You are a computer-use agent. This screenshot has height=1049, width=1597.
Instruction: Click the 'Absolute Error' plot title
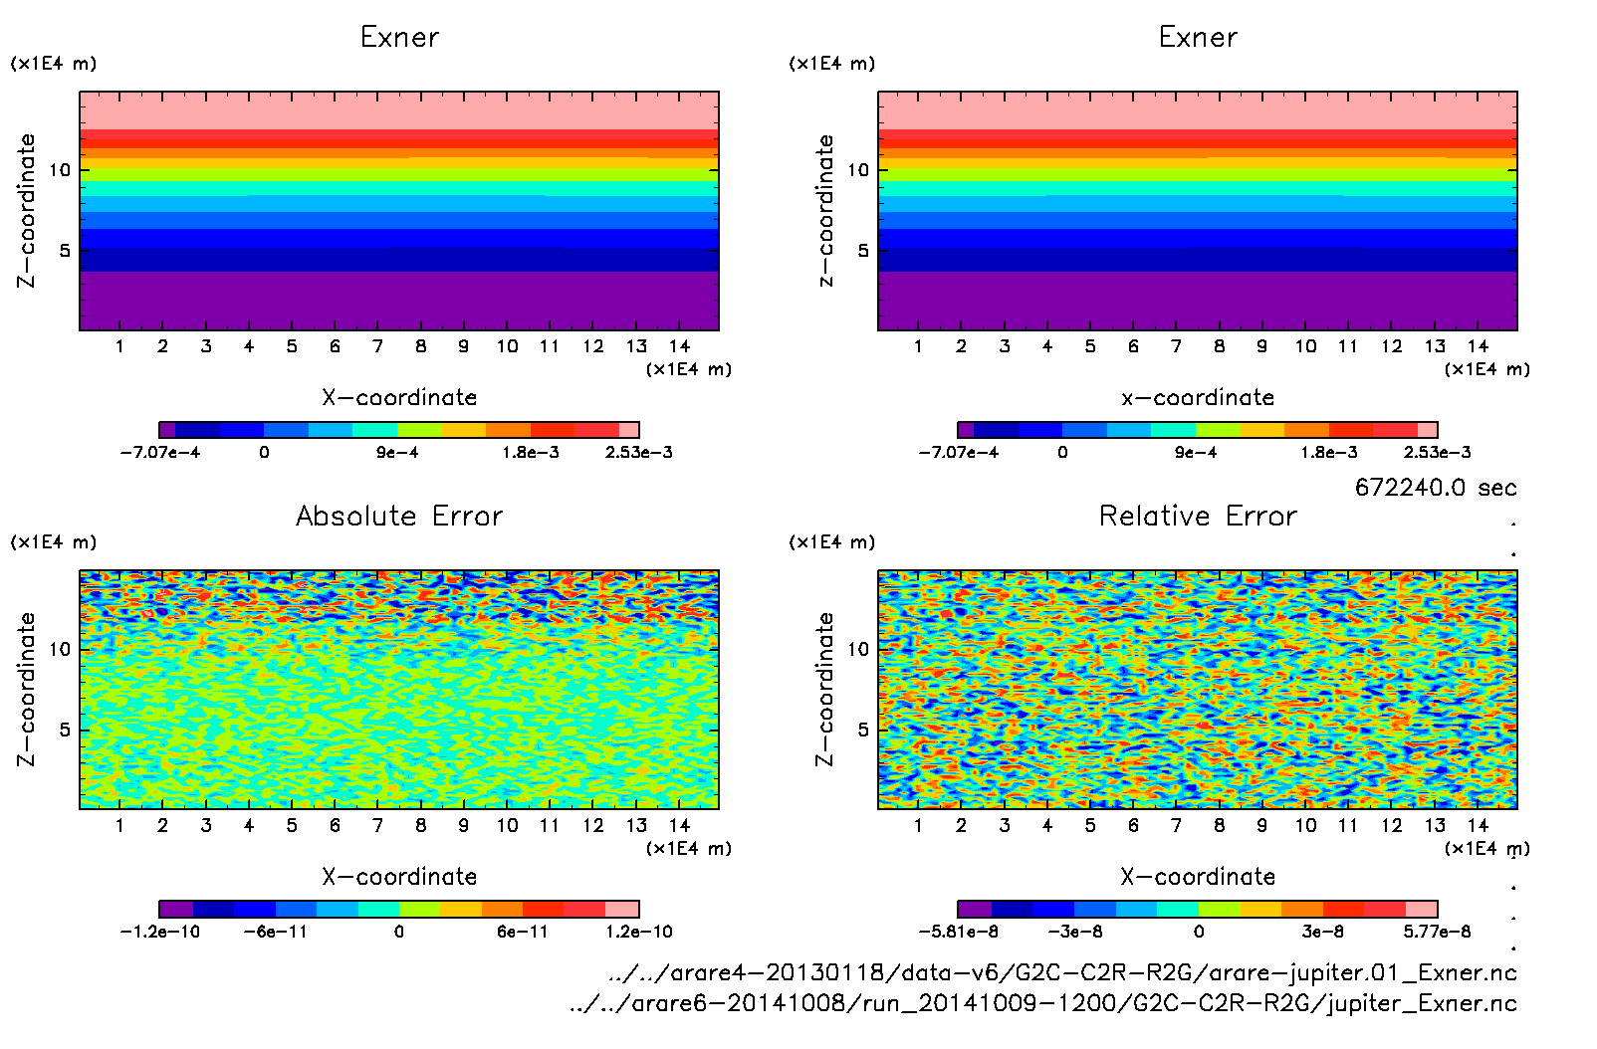[x=399, y=516]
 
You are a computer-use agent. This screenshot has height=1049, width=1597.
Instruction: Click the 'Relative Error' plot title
[x=1198, y=516]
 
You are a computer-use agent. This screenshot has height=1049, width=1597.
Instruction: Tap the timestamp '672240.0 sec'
[x=1436, y=488]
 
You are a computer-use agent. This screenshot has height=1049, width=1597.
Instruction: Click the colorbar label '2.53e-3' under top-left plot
[x=638, y=453]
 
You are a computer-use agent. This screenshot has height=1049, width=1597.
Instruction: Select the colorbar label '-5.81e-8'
[x=958, y=932]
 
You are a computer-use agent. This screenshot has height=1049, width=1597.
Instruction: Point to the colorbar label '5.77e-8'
[x=1437, y=932]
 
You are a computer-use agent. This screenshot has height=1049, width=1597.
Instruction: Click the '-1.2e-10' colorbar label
[x=159, y=932]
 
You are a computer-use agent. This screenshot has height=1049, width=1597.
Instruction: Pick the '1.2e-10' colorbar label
[x=638, y=932]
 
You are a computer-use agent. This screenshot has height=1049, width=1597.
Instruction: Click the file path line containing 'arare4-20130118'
[x=1062, y=972]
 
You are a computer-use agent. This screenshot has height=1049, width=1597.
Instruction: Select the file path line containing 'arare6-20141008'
[x=1042, y=1003]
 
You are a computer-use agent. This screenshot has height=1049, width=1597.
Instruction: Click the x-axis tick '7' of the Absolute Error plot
[x=377, y=825]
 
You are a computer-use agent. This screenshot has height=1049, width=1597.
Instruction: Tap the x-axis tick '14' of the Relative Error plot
[x=1478, y=825]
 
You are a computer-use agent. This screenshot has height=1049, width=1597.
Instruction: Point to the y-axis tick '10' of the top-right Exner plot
[x=858, y=170]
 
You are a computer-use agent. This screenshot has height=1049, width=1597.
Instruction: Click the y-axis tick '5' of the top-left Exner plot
[x=65, y=251]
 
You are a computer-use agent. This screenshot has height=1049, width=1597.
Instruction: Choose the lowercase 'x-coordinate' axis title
[x=1198, y=398]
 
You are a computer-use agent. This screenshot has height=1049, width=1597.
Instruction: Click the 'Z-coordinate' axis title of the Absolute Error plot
[x=27, y=689]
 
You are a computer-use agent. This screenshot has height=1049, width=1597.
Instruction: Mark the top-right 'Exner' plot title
[x=1198, y=38]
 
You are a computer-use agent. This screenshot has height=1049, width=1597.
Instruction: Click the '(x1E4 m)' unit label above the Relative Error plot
[x=832, y=542]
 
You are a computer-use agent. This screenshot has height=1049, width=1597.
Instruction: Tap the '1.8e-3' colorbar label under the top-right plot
[x=1328, y=453]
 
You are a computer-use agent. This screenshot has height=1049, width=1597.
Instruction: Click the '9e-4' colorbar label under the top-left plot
[x=397, y=453]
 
